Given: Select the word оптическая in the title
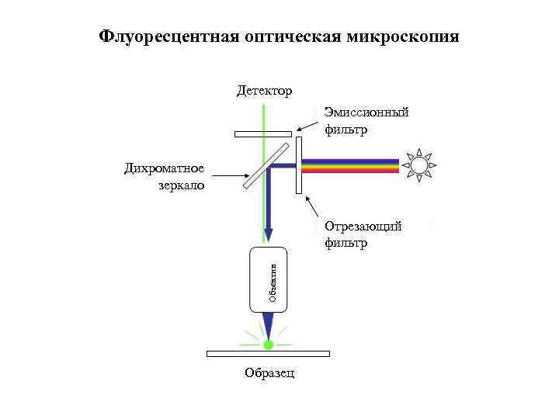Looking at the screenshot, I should pyautogui.click(x=296, y=37).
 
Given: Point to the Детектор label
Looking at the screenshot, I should pyautogui.click(x=265, y=92).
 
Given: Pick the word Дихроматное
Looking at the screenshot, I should pyautogui.click(x=164, y=168).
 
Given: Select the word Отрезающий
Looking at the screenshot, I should pyautogui.click(x=363, y=227).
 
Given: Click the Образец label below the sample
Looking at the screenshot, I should pyautogui.click(x=269, y=373).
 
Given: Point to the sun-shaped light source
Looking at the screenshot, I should pyautogui.click(x=420, y=165).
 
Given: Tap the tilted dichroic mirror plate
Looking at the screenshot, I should pyautogui.click(x=262, y=165).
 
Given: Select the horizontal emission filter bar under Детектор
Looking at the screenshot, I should pyautogui.click(x=263, y=133).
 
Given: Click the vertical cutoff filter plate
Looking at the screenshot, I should pyautogui.click(x=300, y=165).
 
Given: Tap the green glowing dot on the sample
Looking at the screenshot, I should pyautogui.click(x=269, y=344).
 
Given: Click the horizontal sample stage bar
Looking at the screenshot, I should pyautogui.click(x=268, y=354).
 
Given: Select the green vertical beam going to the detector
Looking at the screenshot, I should pyautogui.click(x=265, y=116).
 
